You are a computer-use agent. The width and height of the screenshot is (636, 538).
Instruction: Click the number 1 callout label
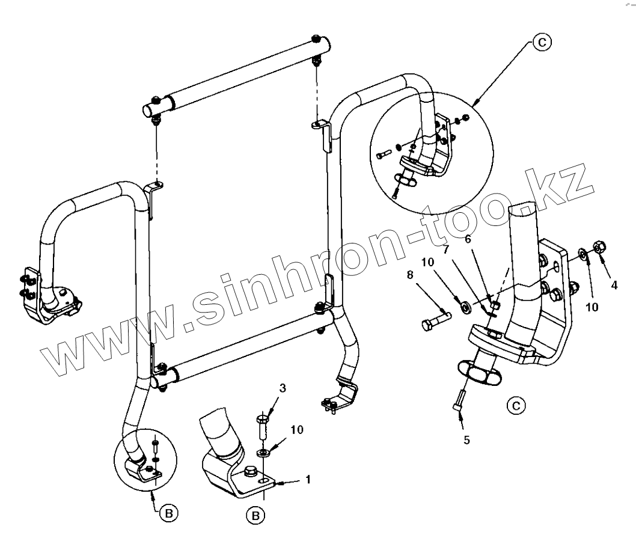[x=308, y=480]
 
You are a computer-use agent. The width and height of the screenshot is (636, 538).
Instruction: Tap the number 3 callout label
[x=283, y=388]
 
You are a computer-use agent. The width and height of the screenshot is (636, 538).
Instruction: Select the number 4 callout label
[x=614, y=286]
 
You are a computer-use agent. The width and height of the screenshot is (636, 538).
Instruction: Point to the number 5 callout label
[x=466, y=439]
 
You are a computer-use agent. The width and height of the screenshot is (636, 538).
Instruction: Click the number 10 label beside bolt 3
[x=298, y=429]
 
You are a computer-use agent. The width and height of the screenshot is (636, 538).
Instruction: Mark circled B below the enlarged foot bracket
[x=255, y=515]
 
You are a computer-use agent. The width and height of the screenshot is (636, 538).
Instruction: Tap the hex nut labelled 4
[x=599, y=246]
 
